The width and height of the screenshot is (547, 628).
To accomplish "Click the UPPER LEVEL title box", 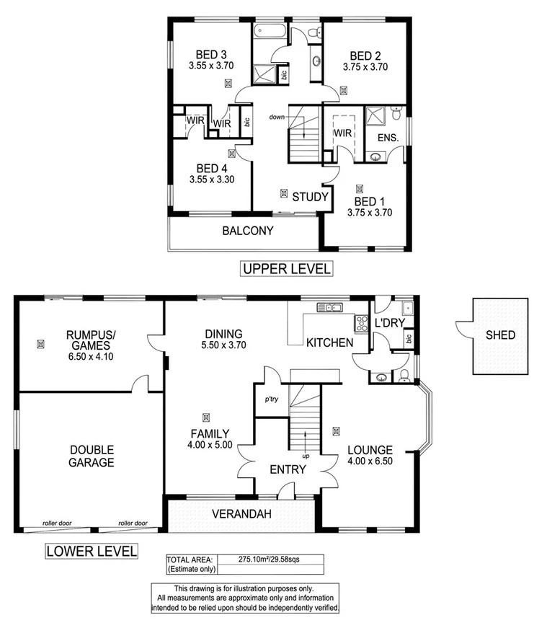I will click(286, 269).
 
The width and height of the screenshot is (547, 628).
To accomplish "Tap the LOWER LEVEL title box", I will click(92, 552).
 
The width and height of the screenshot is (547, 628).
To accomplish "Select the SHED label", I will click(500, 335).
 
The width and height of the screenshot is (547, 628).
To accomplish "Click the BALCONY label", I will click(248, 231).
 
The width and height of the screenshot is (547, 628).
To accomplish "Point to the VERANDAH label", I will click(241, 514).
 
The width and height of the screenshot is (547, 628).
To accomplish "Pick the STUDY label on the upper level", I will click(311, 196).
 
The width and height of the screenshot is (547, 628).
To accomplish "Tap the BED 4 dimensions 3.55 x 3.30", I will click(212, 180).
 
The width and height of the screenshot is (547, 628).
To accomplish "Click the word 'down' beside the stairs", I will click(277, 117).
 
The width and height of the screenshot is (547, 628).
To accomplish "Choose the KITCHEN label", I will click(329, 342).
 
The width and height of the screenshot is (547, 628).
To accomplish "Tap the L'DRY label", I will click(389, 324).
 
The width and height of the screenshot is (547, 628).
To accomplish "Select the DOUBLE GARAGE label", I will click(92, 456).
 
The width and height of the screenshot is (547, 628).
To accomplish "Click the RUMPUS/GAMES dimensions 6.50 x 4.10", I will click(89, 356).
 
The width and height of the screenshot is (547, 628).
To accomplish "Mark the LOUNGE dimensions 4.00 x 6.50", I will click(369, 461).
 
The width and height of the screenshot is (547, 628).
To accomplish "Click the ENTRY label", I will click(288, 469).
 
